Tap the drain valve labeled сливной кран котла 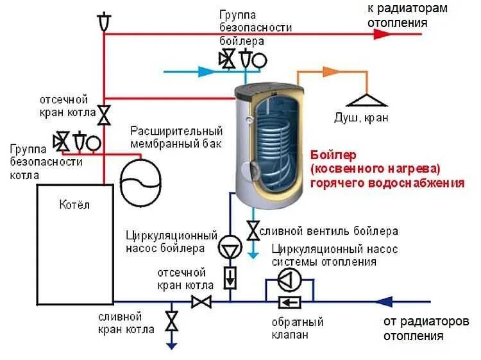pyautogui.click(x=171, y=321)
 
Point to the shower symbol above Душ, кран pyautogui.click(x=366, y=100)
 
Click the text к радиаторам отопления pyautogui.click(x=398, y=15)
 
